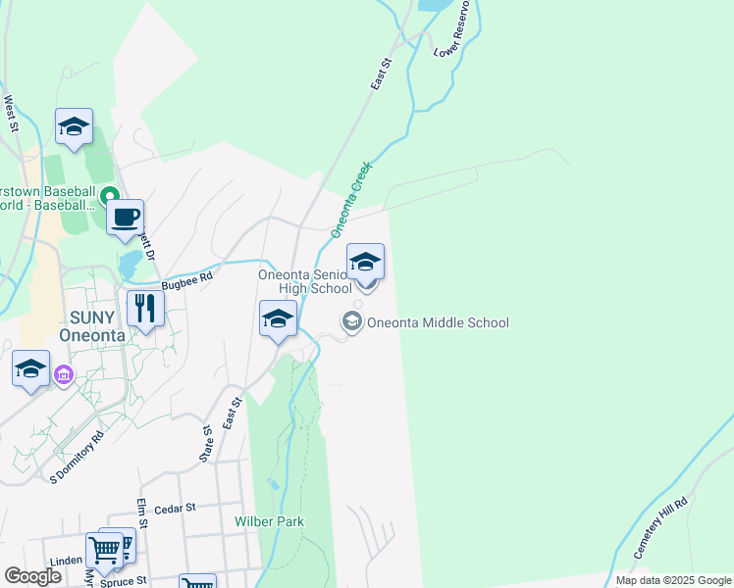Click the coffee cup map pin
click(125, 217)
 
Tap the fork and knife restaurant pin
click(145, 309)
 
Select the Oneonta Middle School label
click(438, 322)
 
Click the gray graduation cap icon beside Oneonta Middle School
click(350, 321)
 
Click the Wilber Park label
click(269, 521)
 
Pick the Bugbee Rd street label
click(187, 279)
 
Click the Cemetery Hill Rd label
click(659, 527)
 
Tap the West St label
click(11, 113)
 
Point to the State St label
click(207, 444)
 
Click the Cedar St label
click(177, 509)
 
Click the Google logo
click(32, 576)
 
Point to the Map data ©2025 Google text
click(672, 580)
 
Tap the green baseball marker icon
click(110, 195)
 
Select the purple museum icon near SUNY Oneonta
click(65, 374)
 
